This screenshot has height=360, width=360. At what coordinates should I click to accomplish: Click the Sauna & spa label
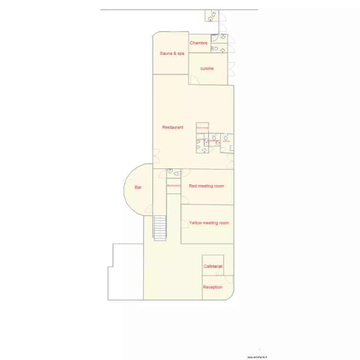172,53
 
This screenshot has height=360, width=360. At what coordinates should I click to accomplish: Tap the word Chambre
198,43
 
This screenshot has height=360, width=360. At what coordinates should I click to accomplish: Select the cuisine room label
207,69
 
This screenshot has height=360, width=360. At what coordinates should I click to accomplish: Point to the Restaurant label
173,127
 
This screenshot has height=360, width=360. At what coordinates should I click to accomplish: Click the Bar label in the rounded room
138,188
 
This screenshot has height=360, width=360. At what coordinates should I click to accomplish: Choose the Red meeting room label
206,186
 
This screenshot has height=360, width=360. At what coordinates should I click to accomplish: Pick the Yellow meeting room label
209,223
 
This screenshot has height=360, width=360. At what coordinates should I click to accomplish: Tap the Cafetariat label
213,266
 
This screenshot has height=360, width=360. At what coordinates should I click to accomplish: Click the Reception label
213,287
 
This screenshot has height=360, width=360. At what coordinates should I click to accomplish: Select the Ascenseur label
174,185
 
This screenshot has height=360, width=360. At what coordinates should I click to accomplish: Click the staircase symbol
160,227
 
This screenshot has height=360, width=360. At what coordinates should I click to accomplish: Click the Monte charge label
203,128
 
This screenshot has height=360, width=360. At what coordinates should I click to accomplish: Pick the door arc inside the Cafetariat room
220,272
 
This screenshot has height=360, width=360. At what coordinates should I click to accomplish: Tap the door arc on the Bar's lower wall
149,209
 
